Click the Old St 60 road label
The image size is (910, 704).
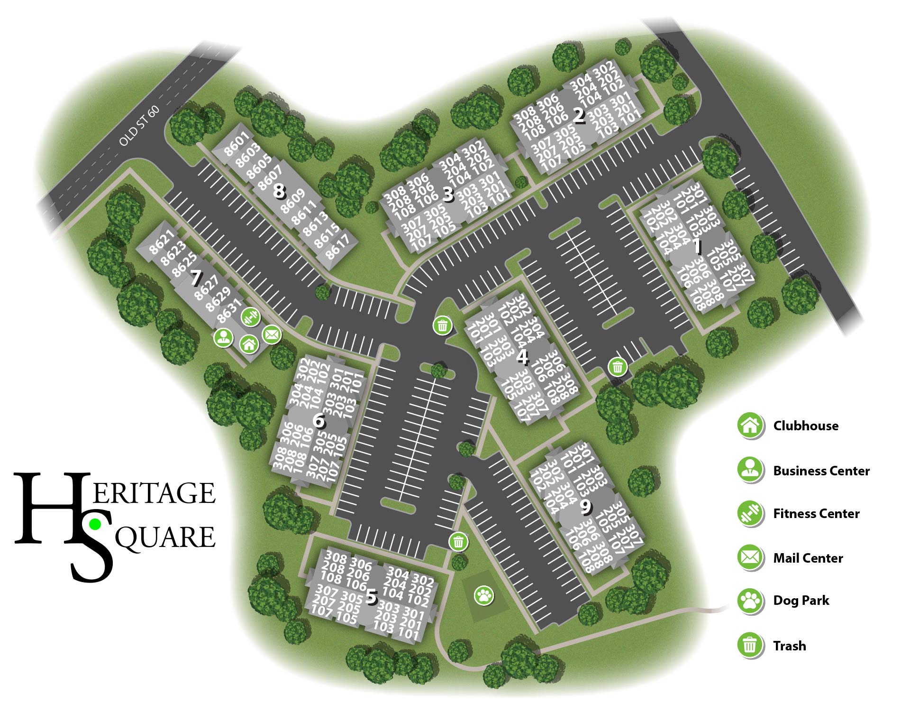[x=139, y=126]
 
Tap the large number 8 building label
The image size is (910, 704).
[x=279, y=191]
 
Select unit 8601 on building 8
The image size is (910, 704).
[x=236, y=144]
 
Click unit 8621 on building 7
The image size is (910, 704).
[x=162, y=242]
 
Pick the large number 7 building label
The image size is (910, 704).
[x=196, y=278]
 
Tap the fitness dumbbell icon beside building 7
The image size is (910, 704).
[x=250, y=317]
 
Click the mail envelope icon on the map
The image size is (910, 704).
[x=272, y=335]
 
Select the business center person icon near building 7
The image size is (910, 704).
[x=223, y=337]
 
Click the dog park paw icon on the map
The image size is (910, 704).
[x=484, y=595]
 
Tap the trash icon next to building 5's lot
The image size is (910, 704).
[x=458, y=542]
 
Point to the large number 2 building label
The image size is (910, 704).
[x=579, y=116]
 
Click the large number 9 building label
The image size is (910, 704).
[x=586, y=507]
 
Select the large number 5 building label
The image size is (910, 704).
[x=372, y=597]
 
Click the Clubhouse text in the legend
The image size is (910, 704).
[x=805, y=426]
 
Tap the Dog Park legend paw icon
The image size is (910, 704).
[x=750, y=601]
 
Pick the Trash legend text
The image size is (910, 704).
[x=789, y=646]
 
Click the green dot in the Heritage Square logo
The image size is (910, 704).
[x=95, y=524]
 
